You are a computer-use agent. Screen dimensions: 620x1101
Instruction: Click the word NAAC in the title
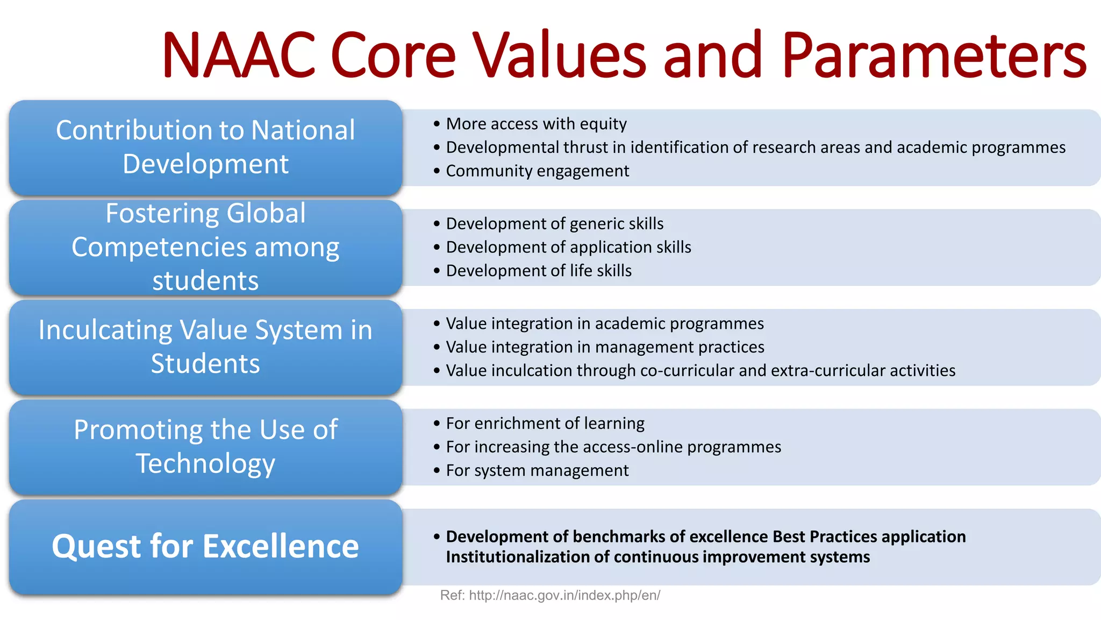238,55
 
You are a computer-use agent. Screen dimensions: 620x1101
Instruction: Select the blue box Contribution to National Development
205,147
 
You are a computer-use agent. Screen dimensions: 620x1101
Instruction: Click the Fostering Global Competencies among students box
205,247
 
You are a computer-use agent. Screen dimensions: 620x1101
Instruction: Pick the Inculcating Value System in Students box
205,347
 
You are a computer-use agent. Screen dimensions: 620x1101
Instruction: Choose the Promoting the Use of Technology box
205,447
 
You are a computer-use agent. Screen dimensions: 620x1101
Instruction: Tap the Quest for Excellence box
205,546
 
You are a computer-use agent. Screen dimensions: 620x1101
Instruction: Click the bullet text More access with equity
536,124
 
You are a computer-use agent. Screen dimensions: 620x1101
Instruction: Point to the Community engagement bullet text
537,171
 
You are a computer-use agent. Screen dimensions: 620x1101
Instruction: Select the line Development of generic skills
554,223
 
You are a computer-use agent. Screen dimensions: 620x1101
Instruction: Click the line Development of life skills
539,271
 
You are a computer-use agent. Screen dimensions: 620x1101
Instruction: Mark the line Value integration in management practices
605,347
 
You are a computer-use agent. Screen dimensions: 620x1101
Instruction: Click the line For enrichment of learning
545,424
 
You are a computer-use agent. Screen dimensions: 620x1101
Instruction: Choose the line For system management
537,470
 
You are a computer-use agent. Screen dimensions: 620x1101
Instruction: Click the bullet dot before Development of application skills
437,247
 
